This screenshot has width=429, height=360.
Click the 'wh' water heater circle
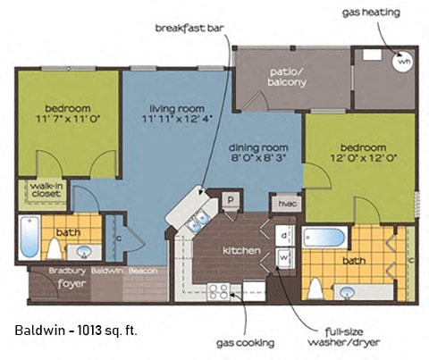403,63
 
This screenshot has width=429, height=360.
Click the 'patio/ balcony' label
287,76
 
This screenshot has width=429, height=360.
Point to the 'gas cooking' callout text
242,341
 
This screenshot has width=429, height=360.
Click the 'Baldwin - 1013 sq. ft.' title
76,331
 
